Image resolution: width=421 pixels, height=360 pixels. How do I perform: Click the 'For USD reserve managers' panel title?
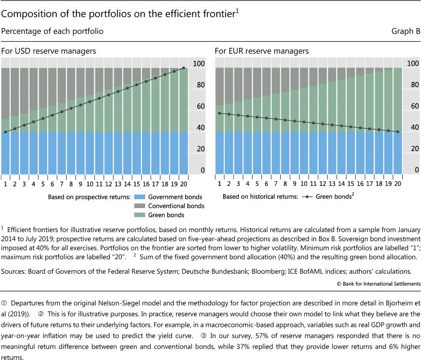pos(48,51)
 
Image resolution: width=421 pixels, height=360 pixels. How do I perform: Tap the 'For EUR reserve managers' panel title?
pos(261,51)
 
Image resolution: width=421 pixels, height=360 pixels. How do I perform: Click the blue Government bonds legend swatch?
pos(139,197)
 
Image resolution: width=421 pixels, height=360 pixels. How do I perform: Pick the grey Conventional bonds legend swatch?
pos(139,206)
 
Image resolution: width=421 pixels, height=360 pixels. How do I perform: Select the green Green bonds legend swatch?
pos(139,215)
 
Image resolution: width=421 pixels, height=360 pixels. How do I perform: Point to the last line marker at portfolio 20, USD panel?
pos(183,68)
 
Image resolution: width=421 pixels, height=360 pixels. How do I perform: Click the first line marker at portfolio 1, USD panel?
pos(5,132)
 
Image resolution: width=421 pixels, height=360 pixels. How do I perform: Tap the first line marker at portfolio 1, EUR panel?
pos(219,113)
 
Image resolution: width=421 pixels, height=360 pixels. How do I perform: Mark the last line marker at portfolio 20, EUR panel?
pos(397,132)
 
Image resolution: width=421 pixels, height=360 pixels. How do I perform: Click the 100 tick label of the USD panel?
pos(199,64)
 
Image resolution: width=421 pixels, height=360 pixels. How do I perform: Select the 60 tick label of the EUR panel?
pos(412,107)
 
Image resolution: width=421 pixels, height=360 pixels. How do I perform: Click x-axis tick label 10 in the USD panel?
pos(89,184)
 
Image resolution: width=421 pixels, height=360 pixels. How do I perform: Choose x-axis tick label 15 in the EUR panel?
pos(350,184)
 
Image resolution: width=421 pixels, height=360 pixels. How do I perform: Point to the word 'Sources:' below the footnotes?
pos(14,272)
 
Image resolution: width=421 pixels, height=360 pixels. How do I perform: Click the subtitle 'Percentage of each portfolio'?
pos(52,32)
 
